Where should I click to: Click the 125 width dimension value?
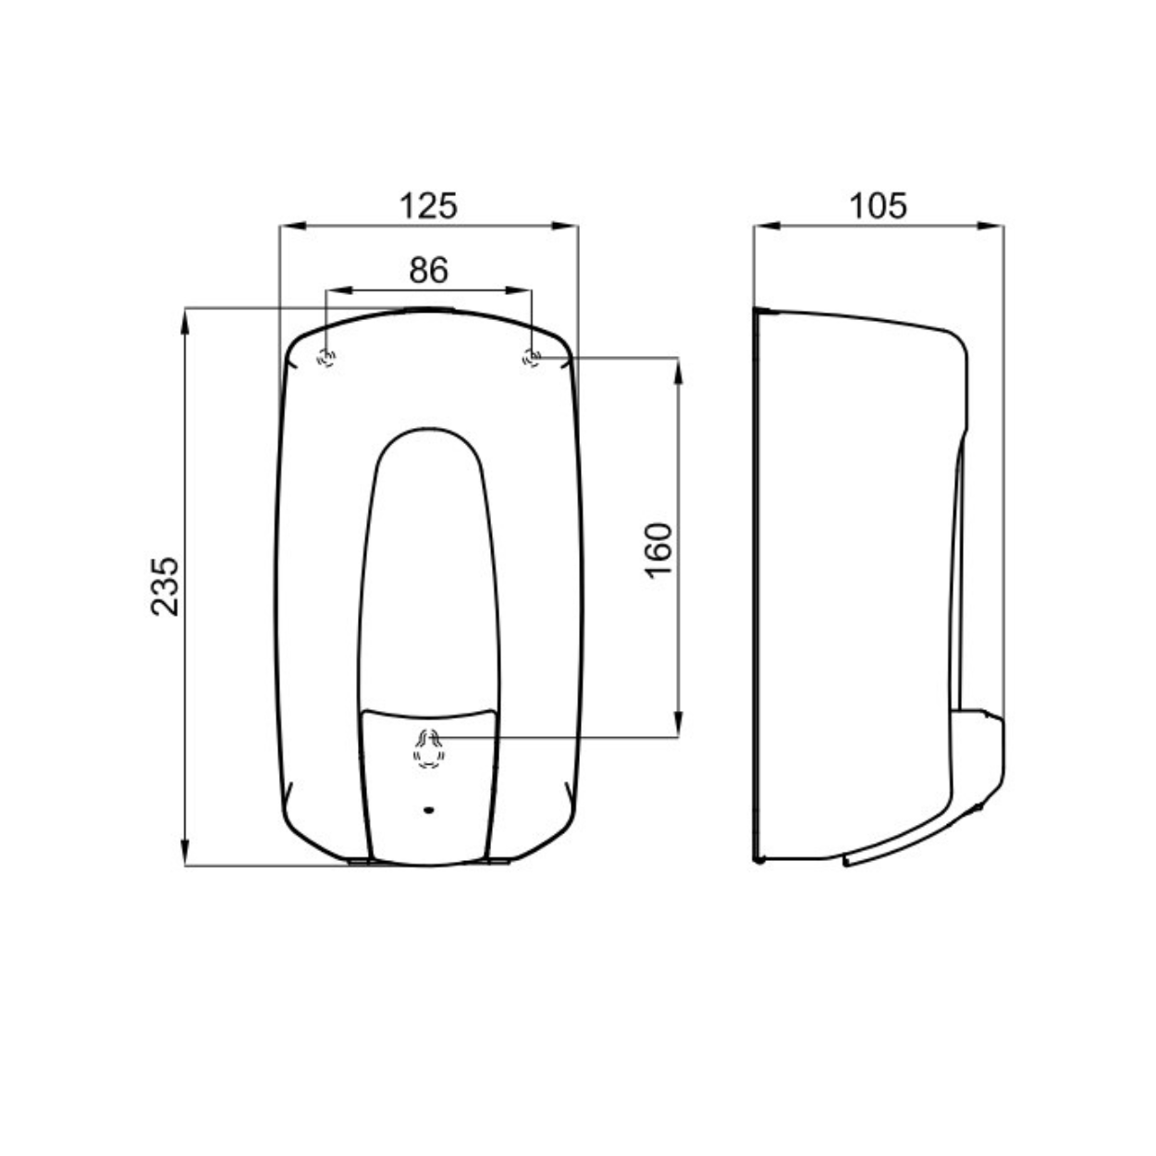[x=428, y=205]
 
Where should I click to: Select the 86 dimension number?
[x=428, y=270]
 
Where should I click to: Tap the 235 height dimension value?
[x=165, y=586]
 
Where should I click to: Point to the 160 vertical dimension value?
[x=658, y=550]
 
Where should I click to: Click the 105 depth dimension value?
[x=879, y=205]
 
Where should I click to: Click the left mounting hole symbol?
[x=326, y=358]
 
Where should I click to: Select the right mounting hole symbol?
[x=532, y=358]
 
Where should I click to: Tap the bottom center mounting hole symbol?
[x=429, y=749]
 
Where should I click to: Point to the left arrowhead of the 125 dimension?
[x=293, y=227]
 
